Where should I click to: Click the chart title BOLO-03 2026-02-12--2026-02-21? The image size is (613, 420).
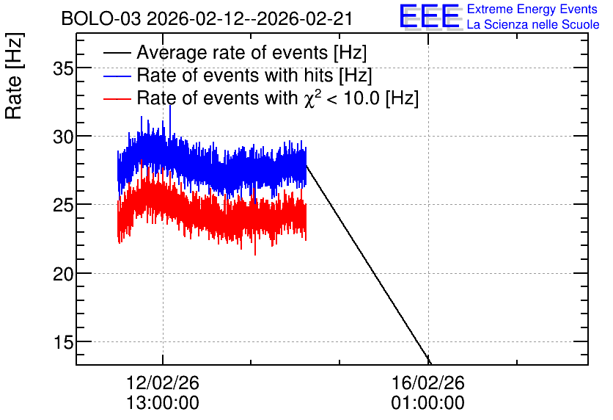pos(207,18)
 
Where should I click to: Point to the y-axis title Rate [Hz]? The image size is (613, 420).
pos(14,76)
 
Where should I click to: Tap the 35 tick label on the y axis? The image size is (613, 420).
pos(63,68)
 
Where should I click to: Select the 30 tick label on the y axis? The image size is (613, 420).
pos(63,137)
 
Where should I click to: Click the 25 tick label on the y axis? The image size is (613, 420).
pos(63,205)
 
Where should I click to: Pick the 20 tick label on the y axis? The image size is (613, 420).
pos(63,274)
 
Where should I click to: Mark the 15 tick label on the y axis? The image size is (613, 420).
pos(63,342)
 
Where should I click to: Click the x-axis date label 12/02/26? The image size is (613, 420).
pos(163,383)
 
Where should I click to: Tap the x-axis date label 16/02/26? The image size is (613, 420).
pos(428,383)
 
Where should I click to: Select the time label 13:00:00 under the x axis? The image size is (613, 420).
pos(163,403)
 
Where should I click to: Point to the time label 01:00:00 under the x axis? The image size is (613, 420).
pos(428,403)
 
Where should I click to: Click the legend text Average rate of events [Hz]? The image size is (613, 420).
pos(252,52)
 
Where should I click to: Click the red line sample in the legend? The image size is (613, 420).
pos(117,99)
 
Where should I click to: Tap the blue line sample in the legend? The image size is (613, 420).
pos(117,76)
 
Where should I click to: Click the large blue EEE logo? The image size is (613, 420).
pos(430,16)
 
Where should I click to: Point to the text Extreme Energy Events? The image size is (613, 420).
pos(532,9)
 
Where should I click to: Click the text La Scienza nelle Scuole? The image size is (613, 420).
pos(533,24)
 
